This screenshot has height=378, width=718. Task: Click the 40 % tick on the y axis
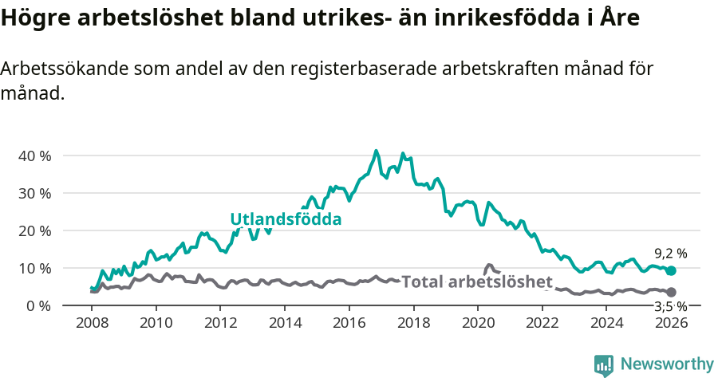point(34,156)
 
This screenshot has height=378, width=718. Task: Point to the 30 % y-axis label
point(34,193)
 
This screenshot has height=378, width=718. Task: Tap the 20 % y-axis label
point(34,230)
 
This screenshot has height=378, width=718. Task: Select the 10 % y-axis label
point(34,268)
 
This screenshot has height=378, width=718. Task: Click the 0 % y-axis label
point(37,305)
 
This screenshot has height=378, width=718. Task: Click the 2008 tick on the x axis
point(92,323)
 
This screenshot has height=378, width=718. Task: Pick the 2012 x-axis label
point(221,323)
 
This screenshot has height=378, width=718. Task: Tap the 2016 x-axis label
point(349,323)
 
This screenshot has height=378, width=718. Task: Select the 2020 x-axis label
point(479,323)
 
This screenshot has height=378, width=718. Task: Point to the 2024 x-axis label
point(607,323)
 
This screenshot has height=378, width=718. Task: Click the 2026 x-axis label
point(672,323)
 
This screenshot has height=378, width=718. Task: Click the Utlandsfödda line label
point(286,219)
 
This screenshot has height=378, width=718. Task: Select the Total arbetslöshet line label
point(476,282)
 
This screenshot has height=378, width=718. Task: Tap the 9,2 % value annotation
point(670,254)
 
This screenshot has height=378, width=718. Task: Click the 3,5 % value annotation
point(670,306)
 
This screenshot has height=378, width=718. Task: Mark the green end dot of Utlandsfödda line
point(672,271)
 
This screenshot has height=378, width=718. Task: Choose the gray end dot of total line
point(672,293)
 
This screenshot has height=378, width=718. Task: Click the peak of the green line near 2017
point(377,151)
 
